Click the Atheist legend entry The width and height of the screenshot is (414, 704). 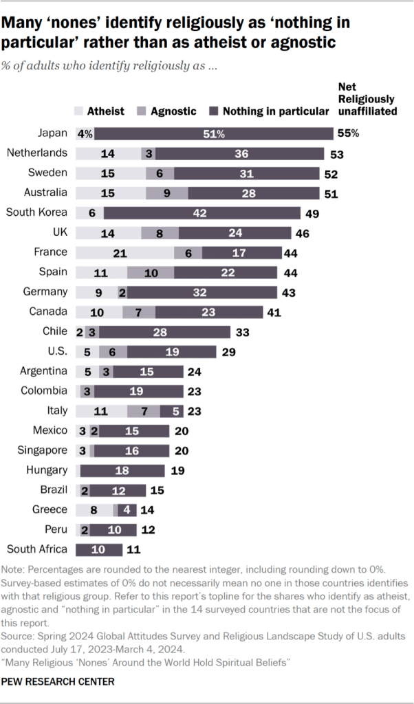100,111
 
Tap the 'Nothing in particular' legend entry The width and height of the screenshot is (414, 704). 268,111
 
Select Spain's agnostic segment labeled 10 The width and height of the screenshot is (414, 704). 150,273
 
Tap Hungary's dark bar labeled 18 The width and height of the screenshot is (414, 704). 122,470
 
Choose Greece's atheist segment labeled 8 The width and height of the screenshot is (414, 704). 94,510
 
